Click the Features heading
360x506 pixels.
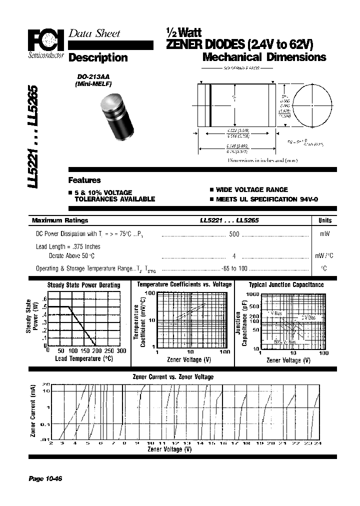coord(84,180)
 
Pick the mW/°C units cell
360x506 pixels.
coord(324,255)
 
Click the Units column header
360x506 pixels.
coord(324,220)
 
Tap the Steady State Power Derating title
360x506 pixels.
coord(83,285)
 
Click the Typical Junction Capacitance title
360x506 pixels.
coord(286,284)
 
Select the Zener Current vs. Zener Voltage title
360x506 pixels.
coord(172,377)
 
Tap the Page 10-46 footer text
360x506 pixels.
coord(45,479)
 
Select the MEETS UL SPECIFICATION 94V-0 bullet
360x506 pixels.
coord(263,199)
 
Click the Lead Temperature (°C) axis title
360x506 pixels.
coord(84,359)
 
